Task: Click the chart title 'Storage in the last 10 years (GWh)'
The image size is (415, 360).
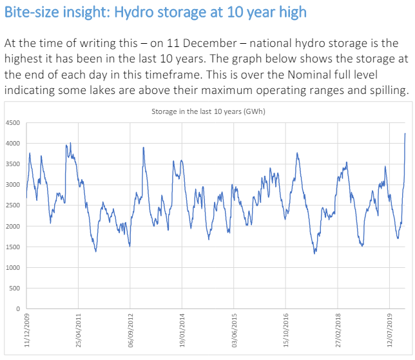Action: click(x=208, y=111)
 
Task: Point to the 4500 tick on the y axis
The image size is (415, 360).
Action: click(x=13, y=122)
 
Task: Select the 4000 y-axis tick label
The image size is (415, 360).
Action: click(x=13, y=144)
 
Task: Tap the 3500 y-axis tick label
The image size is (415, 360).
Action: click(x=13, y=164)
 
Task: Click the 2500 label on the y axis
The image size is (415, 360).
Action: click(x=13, y=205)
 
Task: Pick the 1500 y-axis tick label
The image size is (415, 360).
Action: click(x=13, y=247)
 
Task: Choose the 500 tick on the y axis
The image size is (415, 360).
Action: click(x=15, y=289)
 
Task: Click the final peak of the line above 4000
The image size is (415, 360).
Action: click(x=405, y=133)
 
